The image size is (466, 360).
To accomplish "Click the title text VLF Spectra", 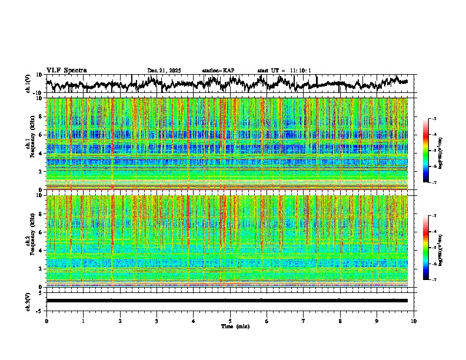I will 66,71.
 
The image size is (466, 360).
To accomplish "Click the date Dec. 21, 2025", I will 164,71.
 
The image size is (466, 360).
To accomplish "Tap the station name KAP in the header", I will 228,71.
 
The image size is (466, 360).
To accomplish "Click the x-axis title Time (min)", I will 235,326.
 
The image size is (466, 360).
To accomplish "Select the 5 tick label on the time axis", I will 230,321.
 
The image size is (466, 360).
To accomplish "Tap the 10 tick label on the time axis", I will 414,321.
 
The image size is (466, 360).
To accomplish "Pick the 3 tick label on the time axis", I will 157,321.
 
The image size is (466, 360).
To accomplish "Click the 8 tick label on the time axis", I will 340,321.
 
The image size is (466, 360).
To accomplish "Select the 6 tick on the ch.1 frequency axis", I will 39,135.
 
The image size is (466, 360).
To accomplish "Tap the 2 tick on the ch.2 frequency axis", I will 39,269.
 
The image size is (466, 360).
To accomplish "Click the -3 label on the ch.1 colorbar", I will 434,119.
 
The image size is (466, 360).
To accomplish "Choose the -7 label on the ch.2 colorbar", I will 434,280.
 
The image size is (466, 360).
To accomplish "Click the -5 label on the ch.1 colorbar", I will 434,151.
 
